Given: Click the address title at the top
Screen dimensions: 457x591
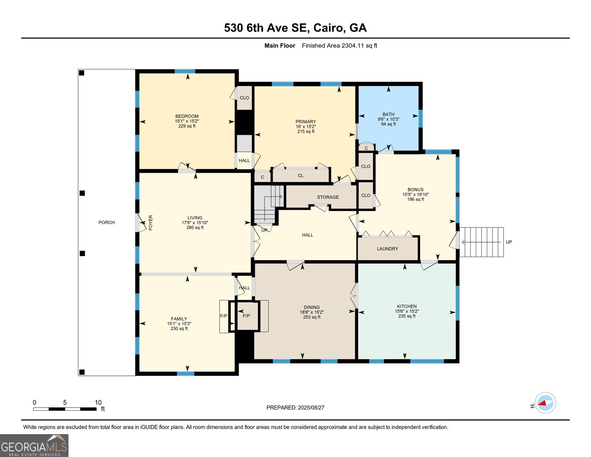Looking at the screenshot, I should [295, 28].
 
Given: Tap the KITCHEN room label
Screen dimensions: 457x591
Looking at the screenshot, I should [407, 306].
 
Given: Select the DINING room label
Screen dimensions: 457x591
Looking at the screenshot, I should [312, 307].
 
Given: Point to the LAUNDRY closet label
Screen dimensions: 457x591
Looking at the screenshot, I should [387, 249].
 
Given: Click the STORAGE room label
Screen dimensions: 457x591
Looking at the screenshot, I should [328, 197].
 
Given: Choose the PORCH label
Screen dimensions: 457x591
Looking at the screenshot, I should [107, 222].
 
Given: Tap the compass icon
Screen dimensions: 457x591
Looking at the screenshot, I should [545, 403].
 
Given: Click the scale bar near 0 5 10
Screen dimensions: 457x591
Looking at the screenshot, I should [65, 409].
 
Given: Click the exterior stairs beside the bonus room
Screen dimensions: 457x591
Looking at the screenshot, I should [481, 242].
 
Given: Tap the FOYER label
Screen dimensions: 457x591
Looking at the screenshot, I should [150, 222].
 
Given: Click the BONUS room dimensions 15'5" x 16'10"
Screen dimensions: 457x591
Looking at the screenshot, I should [416, 194].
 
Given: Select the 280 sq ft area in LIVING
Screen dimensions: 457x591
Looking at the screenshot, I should [195, 228].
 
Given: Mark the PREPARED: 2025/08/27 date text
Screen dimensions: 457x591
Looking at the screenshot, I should [295, 407].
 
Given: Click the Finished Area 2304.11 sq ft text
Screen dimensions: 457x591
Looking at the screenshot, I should [339, 46].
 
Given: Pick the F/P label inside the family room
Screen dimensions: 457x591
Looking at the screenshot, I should [223, 316].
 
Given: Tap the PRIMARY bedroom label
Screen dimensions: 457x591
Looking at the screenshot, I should [306, 121].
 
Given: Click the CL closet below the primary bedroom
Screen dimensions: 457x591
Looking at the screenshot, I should [301, 176].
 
